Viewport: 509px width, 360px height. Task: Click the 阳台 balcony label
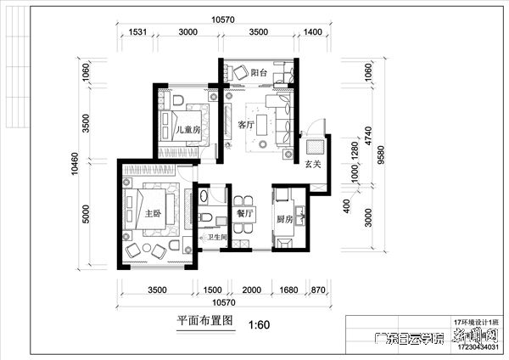[x=260, y=73]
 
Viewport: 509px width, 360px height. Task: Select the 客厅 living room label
[x=247, y=125]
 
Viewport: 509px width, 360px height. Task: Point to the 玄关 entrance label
[x=313, y=164]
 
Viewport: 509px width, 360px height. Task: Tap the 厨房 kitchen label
[x=284, y=219]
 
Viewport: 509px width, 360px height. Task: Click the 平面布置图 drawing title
[x=204, y=322]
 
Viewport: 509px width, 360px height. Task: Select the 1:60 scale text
[x=259, y=323]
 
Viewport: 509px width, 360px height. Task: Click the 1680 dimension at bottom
[x=288, y=290]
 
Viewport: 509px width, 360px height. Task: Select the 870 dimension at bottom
[x=317, y=290]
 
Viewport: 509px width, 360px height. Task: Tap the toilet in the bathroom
[x=206, y=218]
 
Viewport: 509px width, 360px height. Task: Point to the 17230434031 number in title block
[x=479, y=346]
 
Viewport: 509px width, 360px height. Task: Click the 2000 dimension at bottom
[x=251, y=290]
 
